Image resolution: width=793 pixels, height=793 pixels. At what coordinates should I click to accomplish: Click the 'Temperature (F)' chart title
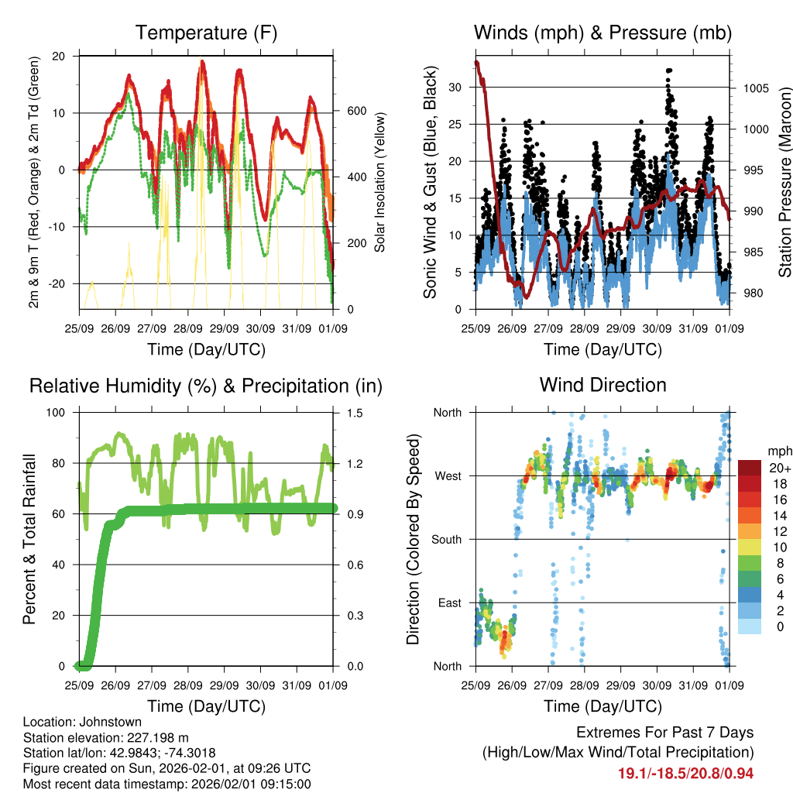(206, 33)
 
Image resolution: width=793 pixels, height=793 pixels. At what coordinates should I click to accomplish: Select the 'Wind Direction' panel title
(602, 385)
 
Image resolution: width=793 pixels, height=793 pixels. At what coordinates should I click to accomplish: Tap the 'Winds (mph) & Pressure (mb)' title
(602, 33)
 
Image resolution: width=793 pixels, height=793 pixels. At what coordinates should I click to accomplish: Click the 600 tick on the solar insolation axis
(356, 111)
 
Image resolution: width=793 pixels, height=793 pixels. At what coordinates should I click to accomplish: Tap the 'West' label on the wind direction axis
(447, 476)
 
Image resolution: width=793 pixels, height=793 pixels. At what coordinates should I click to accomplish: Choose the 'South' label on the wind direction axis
(445, 540)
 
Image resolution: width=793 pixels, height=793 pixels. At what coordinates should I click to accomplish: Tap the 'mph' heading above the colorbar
(778, 451)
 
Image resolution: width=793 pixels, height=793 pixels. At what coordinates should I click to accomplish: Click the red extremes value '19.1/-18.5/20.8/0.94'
(685, 773)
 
